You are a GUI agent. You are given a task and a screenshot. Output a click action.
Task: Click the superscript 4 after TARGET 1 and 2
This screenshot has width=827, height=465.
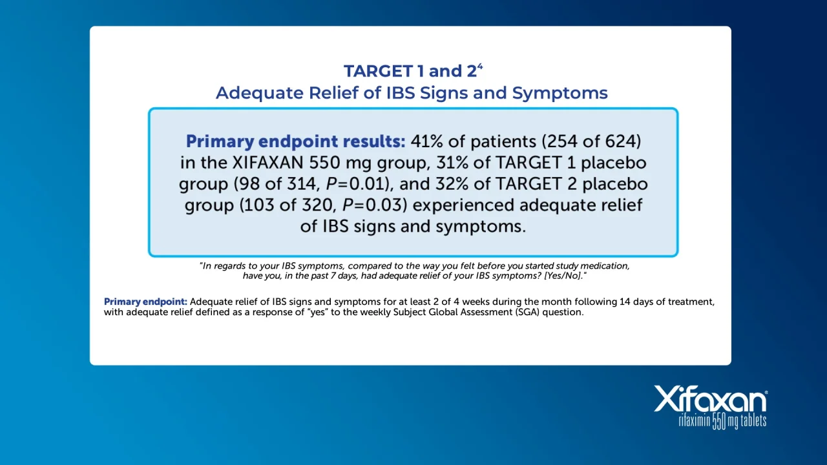[480, 67]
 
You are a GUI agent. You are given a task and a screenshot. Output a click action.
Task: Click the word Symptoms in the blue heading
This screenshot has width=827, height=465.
[560, 93]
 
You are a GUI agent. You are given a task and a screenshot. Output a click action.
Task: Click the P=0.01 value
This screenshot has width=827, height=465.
[355, 184]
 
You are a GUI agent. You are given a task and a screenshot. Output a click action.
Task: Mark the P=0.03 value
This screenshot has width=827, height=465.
[372, 205]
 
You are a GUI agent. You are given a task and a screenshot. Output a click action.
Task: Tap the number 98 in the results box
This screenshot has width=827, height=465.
[249, 184]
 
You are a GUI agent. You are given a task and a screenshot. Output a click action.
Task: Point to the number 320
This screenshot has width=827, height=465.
[318, 205]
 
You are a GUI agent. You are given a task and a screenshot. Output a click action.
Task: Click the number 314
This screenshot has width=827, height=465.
[303, 184]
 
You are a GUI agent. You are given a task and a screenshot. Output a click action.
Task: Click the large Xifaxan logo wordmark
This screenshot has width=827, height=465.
[710, 398]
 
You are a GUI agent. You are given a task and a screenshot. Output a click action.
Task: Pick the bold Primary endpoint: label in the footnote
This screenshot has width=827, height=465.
[145, 302]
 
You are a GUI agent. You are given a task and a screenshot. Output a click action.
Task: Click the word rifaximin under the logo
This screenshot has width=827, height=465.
[695, 421]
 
